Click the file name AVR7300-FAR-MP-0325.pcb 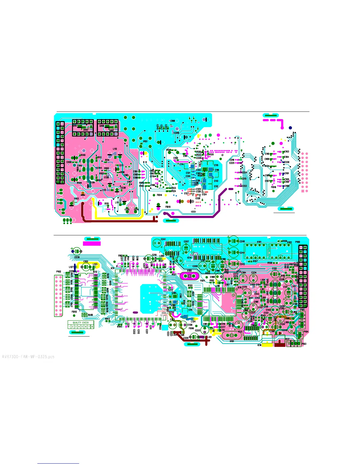28,357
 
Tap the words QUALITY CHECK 81,322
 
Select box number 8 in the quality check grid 92,327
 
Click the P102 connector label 59,272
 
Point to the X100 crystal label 189,270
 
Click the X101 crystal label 232,342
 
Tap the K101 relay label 259,242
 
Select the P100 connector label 298,242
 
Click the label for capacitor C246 242,241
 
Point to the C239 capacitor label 77,257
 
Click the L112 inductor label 115,149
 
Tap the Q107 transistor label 75,126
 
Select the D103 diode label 76,199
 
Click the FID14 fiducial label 159,195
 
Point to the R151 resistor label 145,142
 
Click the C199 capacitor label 173,121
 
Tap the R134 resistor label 267,166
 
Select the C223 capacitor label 244,186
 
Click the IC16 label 259,345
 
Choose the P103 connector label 304,344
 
